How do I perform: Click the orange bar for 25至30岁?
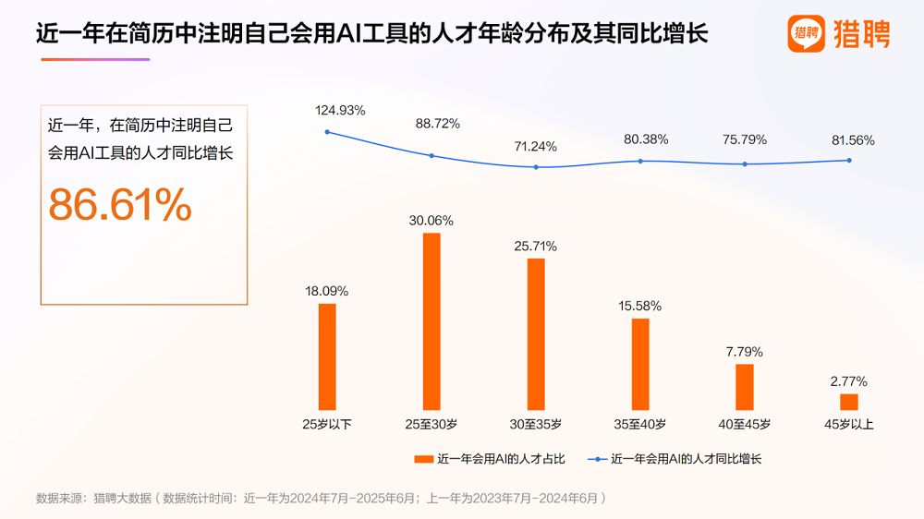pos(432,321)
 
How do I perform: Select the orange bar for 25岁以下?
pos(327,356)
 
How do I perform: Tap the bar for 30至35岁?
pos(536,333)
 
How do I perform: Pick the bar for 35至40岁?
pos(640,364)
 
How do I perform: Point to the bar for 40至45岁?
pos(745,386)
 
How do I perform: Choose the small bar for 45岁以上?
pos(849,402)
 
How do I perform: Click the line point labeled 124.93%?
pos(327,132)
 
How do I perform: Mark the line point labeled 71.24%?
pos(536,167)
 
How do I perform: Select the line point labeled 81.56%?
pos(849,160)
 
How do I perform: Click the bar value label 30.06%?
pos(432,220)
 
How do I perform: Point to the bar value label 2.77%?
pos(849,381)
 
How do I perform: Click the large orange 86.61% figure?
pos(120,205)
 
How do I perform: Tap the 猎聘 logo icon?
pos(807,35)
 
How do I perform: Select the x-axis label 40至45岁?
pos(745,425)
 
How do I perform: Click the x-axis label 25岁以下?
pos(327,425)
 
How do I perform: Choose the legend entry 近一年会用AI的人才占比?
pos(490,458)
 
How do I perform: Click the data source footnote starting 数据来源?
pos(321,498)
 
